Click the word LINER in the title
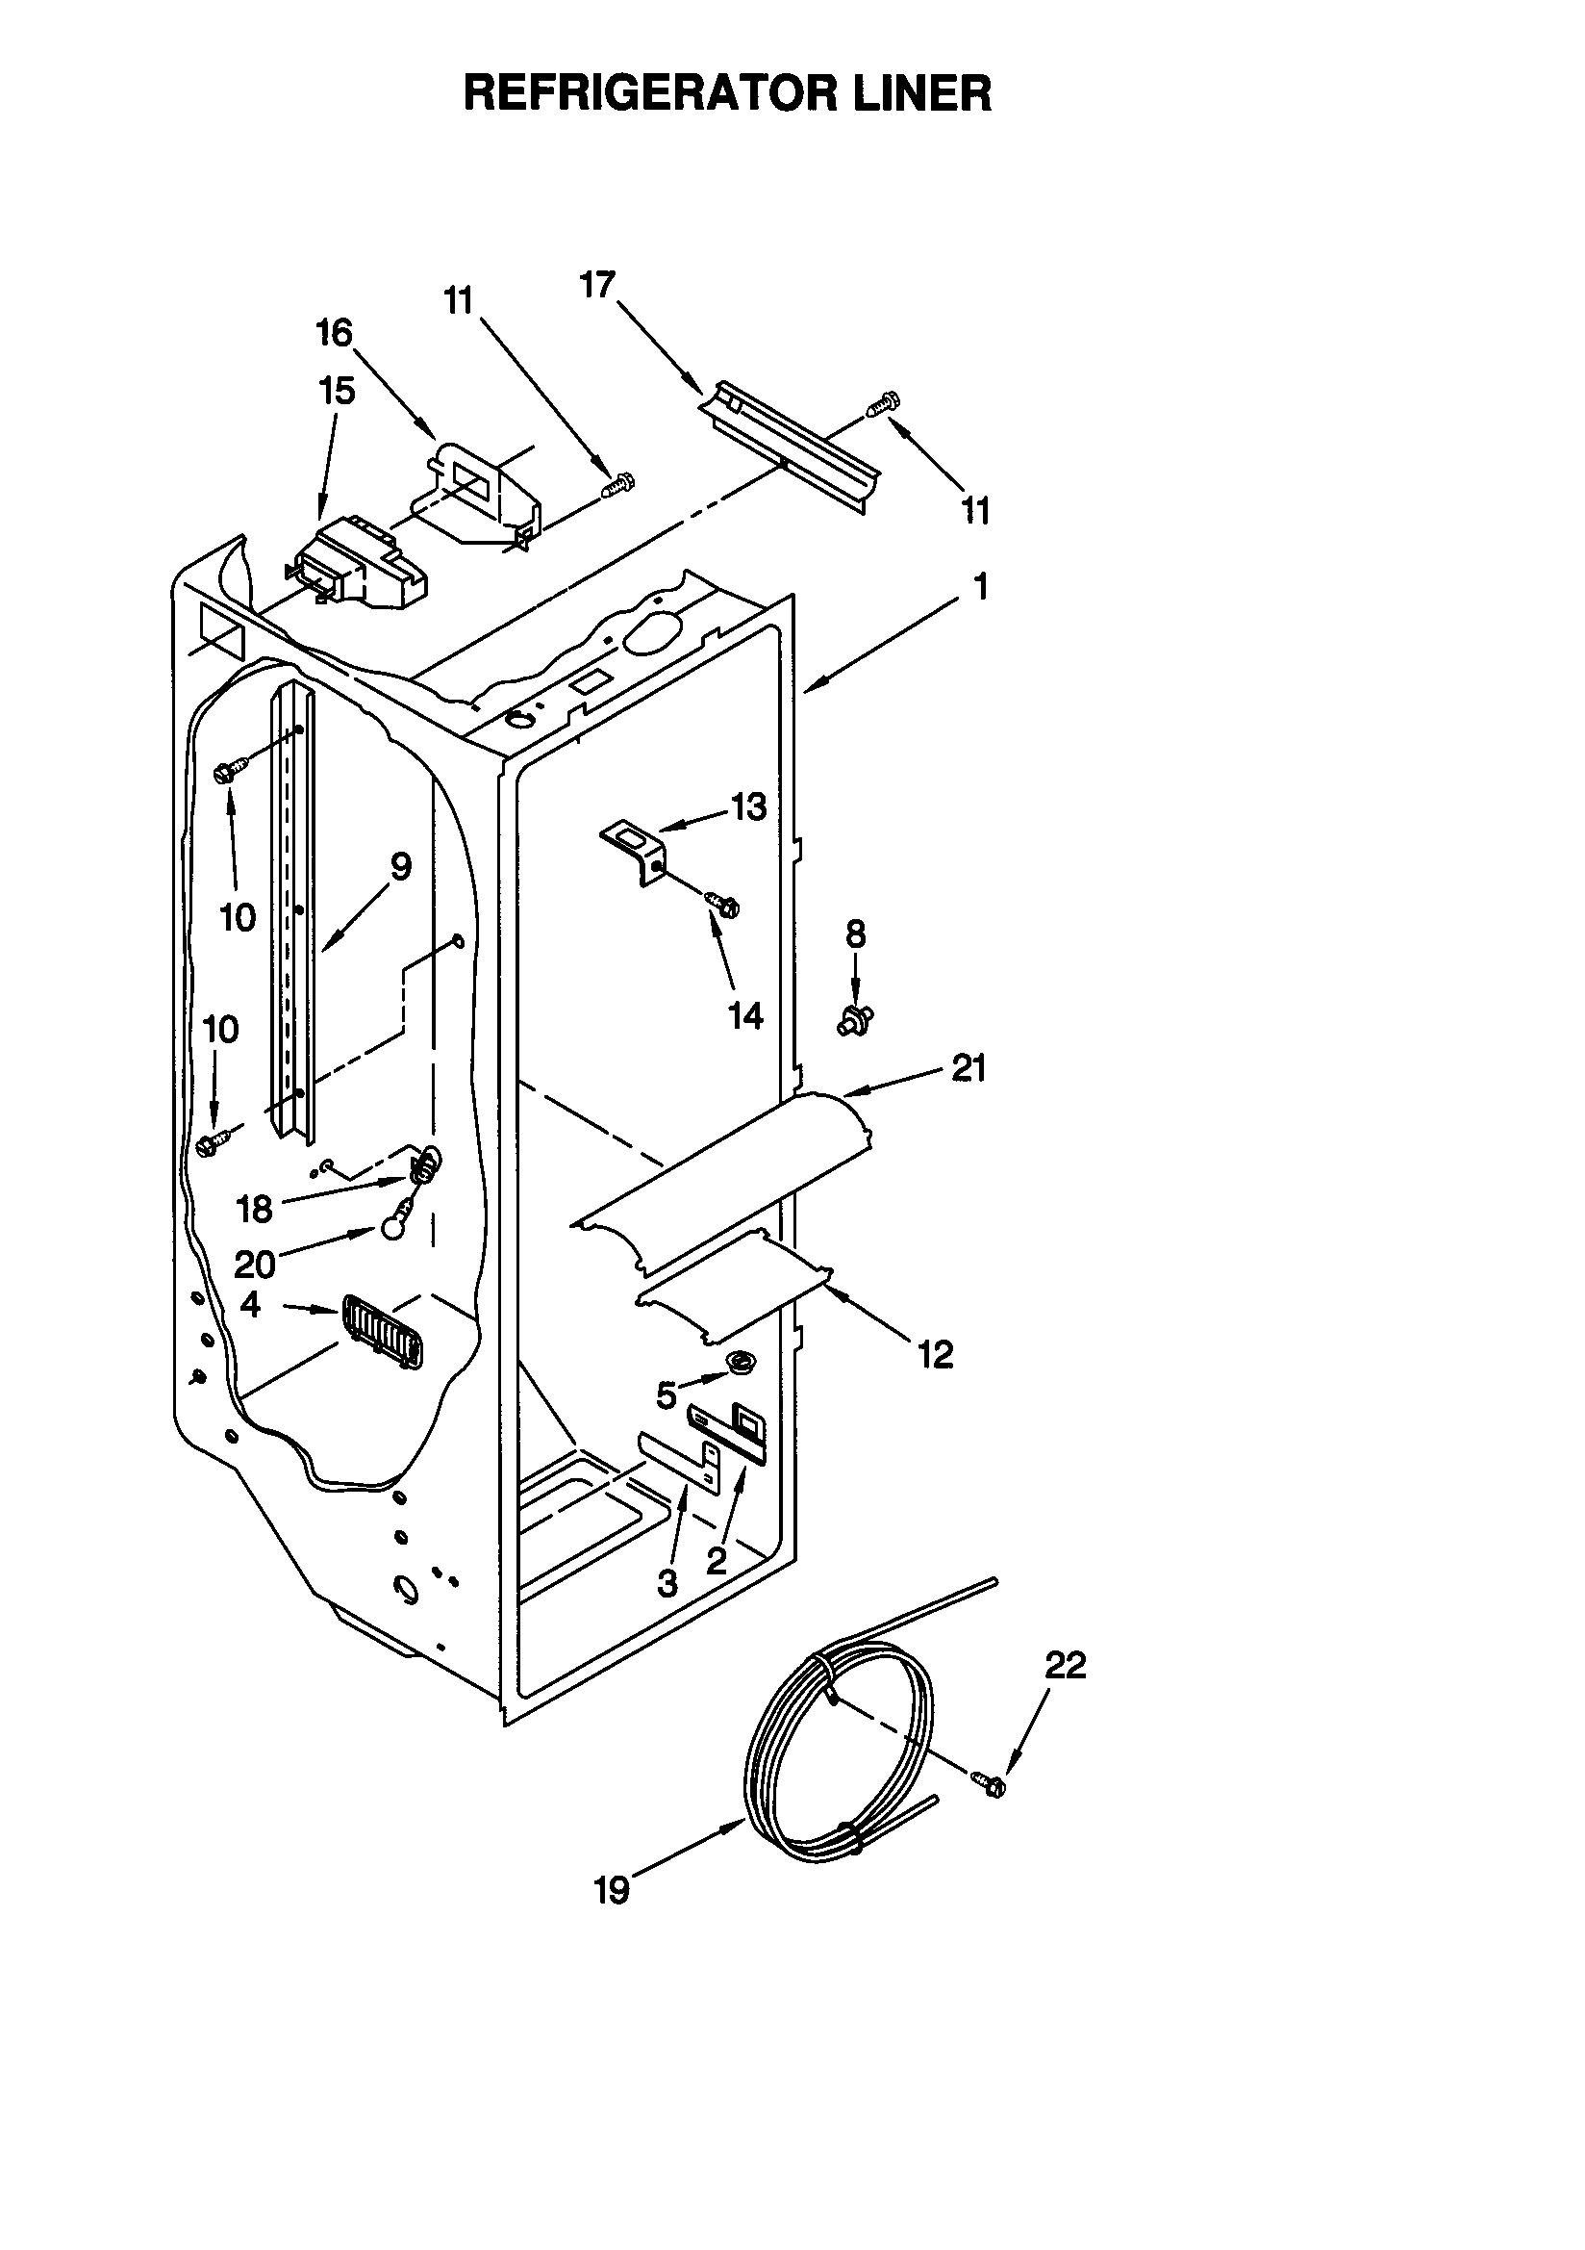(920, 95)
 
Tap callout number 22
(1065, 1665)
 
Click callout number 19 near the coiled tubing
(612, 1891)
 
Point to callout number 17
(596, 284)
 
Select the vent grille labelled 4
(382, 1331)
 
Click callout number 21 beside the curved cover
(969, 1068)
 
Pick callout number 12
(936, 1355)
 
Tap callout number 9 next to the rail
(401, 866)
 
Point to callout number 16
(333, 333)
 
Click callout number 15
(336, 391)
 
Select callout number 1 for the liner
(980, 587)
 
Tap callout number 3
(667, 1583)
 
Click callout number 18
(254, 1210)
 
